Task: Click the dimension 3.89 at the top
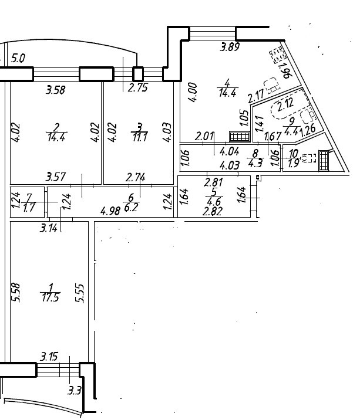(230, 48)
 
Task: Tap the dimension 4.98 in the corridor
(111, 211)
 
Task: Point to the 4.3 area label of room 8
(255, 164)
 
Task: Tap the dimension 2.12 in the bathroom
(285, 104)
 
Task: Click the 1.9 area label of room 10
(294, 164)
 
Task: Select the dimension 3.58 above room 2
(56, 90)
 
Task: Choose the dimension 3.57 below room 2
(56, 176)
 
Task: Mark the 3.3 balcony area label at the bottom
(75, 390)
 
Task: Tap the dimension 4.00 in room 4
(194, 93)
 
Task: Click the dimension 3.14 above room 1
(49, 228)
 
